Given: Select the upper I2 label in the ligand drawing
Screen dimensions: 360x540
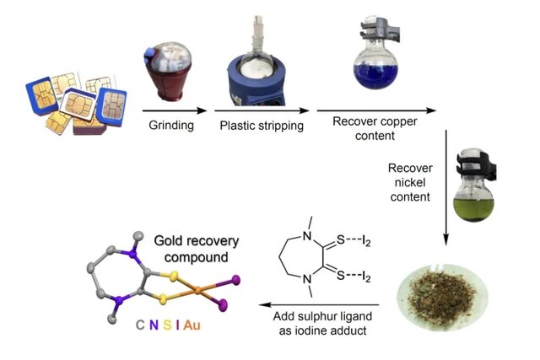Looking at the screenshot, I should click(375, 244).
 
